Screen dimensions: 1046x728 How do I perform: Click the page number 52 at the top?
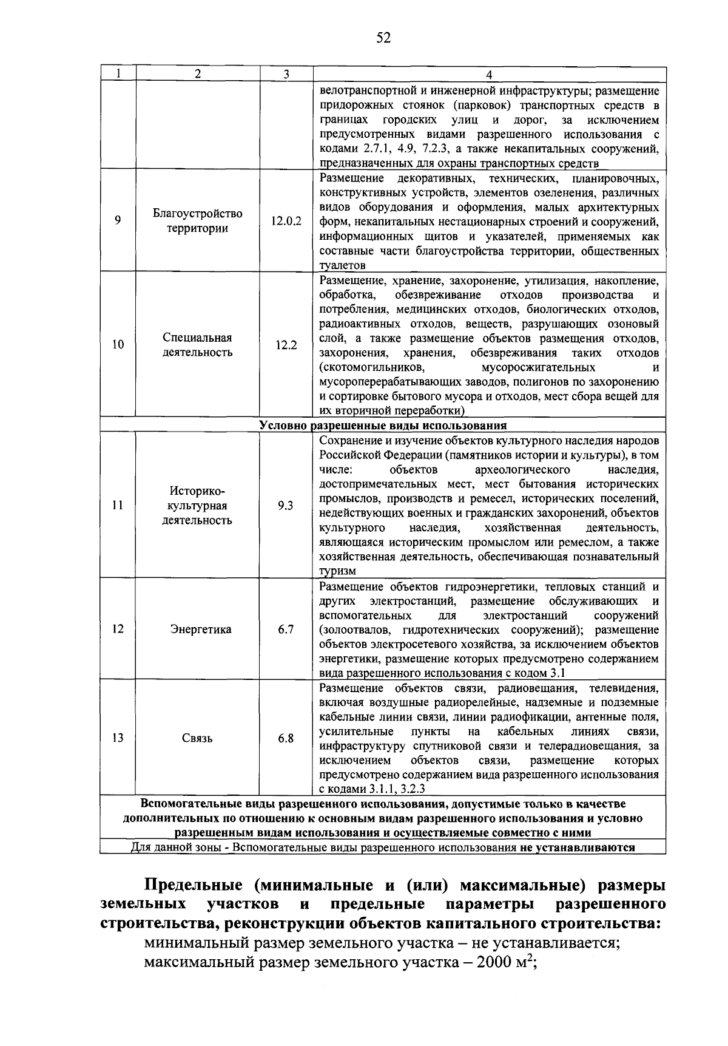(383, 38)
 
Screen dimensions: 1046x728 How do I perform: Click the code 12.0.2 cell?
(286, 221)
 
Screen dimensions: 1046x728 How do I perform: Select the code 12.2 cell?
(286, 345)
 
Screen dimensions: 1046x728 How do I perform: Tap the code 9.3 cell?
(286, 505)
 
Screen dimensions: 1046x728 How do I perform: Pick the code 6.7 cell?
(286, 630)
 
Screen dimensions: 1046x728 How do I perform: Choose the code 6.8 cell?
(286, 738)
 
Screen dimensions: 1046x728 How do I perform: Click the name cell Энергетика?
(197, 630)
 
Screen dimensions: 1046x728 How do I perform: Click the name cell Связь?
(197, 738)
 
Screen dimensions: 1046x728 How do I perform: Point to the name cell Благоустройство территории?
(197, 221)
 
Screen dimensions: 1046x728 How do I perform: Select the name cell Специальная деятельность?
(197, 345)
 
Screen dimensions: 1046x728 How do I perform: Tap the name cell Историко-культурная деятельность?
(197, 505)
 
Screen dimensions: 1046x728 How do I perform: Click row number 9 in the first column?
(118, 221)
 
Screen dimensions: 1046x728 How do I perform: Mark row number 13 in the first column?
(118, 738)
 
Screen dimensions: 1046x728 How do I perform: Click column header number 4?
(489, 75)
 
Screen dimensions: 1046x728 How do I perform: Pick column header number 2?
(197, 74)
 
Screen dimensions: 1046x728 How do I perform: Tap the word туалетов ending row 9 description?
(343, 265)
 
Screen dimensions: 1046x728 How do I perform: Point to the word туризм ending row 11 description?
(337, 571)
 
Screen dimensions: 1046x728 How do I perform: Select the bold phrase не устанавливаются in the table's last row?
(576, 847)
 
